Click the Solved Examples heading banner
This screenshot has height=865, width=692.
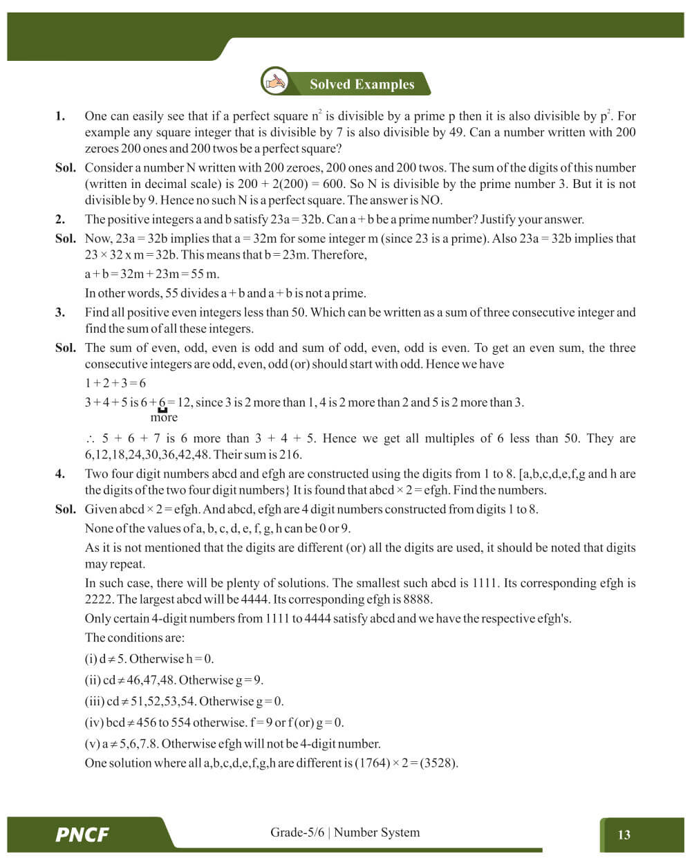[362, 84]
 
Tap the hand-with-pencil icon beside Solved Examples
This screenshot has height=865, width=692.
[275, 82]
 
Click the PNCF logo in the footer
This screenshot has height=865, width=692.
[82, 835]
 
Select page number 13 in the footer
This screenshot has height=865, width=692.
[624, 835]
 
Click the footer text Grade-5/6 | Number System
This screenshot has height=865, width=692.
[344, 833]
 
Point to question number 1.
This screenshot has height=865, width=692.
[60, 116]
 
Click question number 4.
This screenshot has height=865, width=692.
[60, 474]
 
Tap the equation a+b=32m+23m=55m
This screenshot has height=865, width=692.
[152, 274]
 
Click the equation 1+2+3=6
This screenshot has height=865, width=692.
[115, 383]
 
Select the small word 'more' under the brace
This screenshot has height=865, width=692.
[164, 418]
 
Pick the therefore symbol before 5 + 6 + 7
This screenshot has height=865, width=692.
[90, 439]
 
